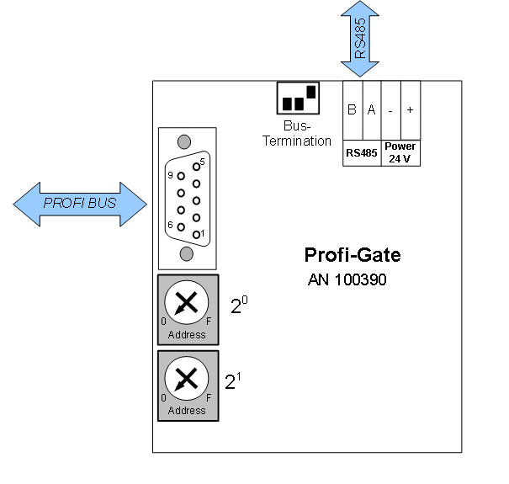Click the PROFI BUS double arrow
tap(81, 204)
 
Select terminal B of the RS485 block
tap(352, 110)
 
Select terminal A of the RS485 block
tap(371, 110)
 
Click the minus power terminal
tap(390, 110)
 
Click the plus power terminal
tap(411, 110)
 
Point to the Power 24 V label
tap(400, 152)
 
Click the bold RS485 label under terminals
tap(362, 153)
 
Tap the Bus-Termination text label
tap(297, 135)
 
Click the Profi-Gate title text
tap(353, 254)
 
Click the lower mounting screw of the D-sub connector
tap(187, 254)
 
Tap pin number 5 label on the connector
tap(203, 160)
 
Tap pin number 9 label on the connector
tap(170, 176)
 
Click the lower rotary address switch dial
tap(187, 380)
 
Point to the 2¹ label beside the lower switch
tap(233, 381)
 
